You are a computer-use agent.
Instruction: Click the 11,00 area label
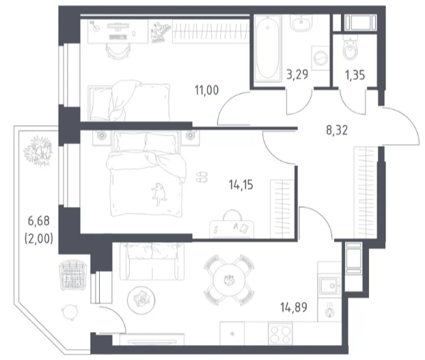pyautogui.click(x=206, y=90)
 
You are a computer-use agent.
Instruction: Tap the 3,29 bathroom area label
pyautogui.click(x=297, y=74)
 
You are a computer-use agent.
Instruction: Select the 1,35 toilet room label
pyautogui.click(x=355, y=75)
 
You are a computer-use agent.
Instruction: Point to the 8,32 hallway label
pyautogui.click(x=337, y=130)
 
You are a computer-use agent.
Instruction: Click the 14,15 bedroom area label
pyautogui.click(x=241, y=185)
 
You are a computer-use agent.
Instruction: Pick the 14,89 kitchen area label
pyautogui.click(x=294, y=307)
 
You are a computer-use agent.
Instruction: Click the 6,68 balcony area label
pyautogui.click(x=39, y=221)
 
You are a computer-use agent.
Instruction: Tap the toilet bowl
pyautogui.click(x=351, y=49)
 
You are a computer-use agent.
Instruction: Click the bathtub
pyautogui.click(x=268, y=48)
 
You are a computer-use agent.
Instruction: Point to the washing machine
pyautogui.click(x=320, y=57)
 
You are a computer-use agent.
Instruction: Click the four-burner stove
pyautogui.click(x=280, y=333)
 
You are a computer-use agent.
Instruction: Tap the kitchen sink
pyautogui.click(x=329, y=286)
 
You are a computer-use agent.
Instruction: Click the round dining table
pyautogui.click(x=229, y=280)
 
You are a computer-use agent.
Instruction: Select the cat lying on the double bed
pyautogui.click(x=159, y=193)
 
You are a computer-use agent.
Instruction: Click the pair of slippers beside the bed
pyautogui.click(x=202, y=177)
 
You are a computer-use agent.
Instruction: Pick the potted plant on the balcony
pyautogui.click(x=38, y=151)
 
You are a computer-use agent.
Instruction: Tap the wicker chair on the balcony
pyautogui.click(x=73, y=275)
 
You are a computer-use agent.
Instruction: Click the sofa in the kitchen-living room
pyautogui.click(x=152, y=262)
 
